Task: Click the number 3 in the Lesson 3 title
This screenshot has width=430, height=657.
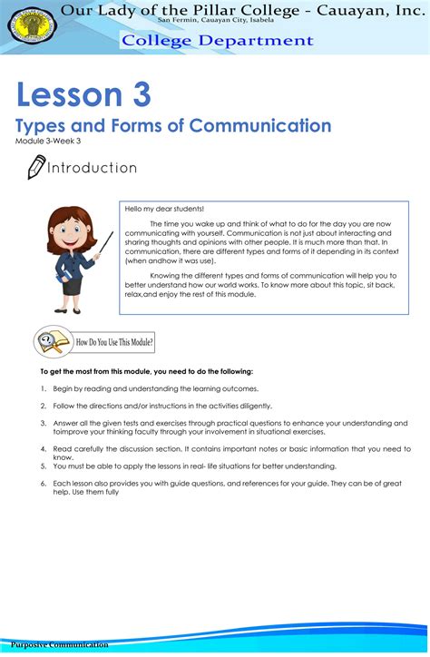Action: tap(138, 94)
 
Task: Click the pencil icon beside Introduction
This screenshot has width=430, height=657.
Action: tap(35, 167)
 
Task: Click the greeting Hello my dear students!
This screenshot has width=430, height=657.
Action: tap(164, 209)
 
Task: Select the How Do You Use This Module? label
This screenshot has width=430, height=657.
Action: tap(115, 343)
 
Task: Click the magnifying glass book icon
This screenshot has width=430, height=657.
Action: tap(53, 342)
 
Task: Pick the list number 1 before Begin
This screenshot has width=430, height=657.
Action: tap(44, 388)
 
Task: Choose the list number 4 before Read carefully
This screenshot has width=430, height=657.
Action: tap(44, 448)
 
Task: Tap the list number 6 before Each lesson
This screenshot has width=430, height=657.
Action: tap(44, 483)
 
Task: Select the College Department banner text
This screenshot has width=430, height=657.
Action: tap(218, 41)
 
